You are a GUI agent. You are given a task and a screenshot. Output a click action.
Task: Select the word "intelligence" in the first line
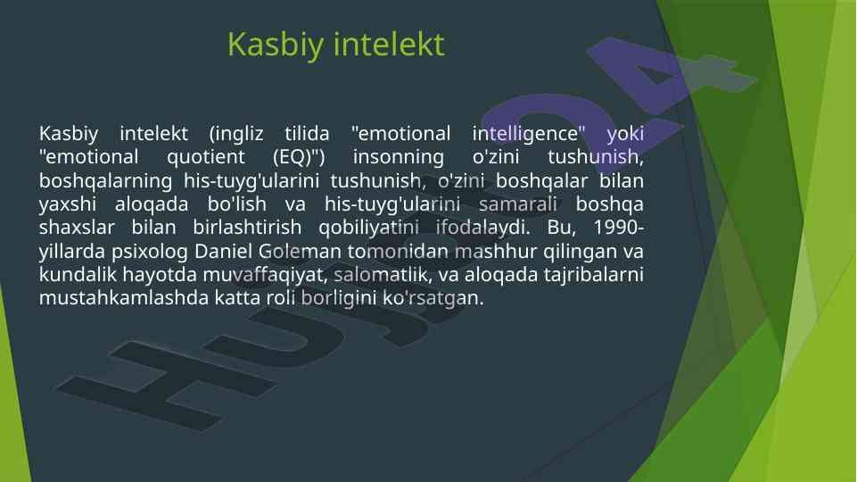click(x=529, y=134)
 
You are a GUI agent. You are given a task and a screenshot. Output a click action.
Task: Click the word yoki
click(x=625, y=134)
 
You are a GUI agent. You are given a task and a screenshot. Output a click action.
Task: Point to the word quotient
click(x=206, y=158)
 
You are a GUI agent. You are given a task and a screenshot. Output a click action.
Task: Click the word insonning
click(x=399, y=158)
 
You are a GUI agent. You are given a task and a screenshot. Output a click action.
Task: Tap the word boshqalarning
click(x=105, y=181)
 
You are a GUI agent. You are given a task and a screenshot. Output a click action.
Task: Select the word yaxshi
click(x=68, y=204)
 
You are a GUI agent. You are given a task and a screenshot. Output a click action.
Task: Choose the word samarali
click(x=517, y=204)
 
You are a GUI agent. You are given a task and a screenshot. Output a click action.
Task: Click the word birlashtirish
click(x=247, y=227)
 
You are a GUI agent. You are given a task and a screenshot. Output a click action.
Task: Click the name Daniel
click(x=224, y=251)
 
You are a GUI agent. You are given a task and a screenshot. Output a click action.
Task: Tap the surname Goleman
click(x=300, y=251)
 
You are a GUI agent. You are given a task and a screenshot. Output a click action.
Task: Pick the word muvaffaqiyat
click(x=265, y=275)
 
